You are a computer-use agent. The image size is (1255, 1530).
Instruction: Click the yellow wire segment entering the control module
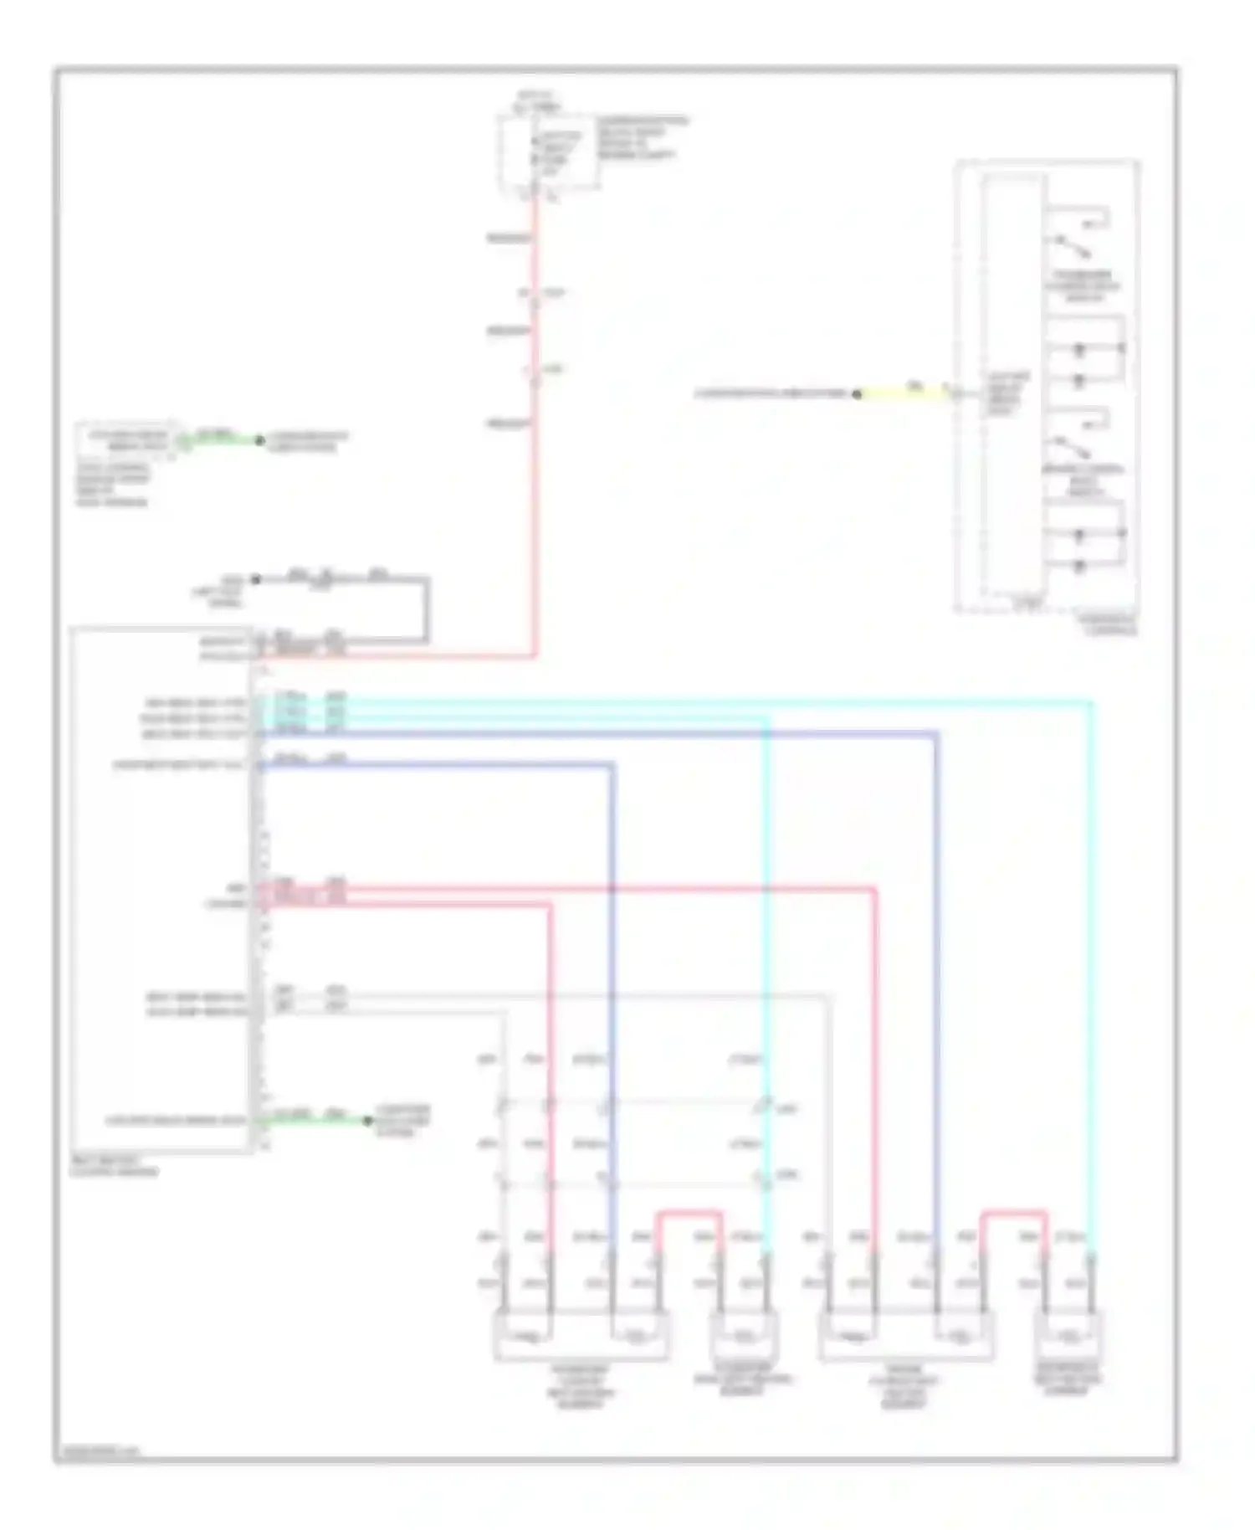pyautogui.click(x=904, y=393)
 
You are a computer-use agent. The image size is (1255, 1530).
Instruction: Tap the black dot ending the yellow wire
pyautogui.click(x=857, y=393)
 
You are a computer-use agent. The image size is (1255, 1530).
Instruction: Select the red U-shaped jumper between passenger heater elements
pyautogui.click(x=689, y=1213)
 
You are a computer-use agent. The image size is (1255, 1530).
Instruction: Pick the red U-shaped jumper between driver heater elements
pyautogui.click(x=1013, y=1213)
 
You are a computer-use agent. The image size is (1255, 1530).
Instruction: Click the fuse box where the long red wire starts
pyautogui.click(x=548, y=153)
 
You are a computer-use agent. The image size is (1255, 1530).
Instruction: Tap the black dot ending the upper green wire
pyautogui.click(x=259, y=440)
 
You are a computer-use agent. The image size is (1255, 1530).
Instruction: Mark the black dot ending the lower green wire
pyautogui.click(x=367, y=1120)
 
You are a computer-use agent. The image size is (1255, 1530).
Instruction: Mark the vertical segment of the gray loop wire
pyautogui.click(x=428, y=609)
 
